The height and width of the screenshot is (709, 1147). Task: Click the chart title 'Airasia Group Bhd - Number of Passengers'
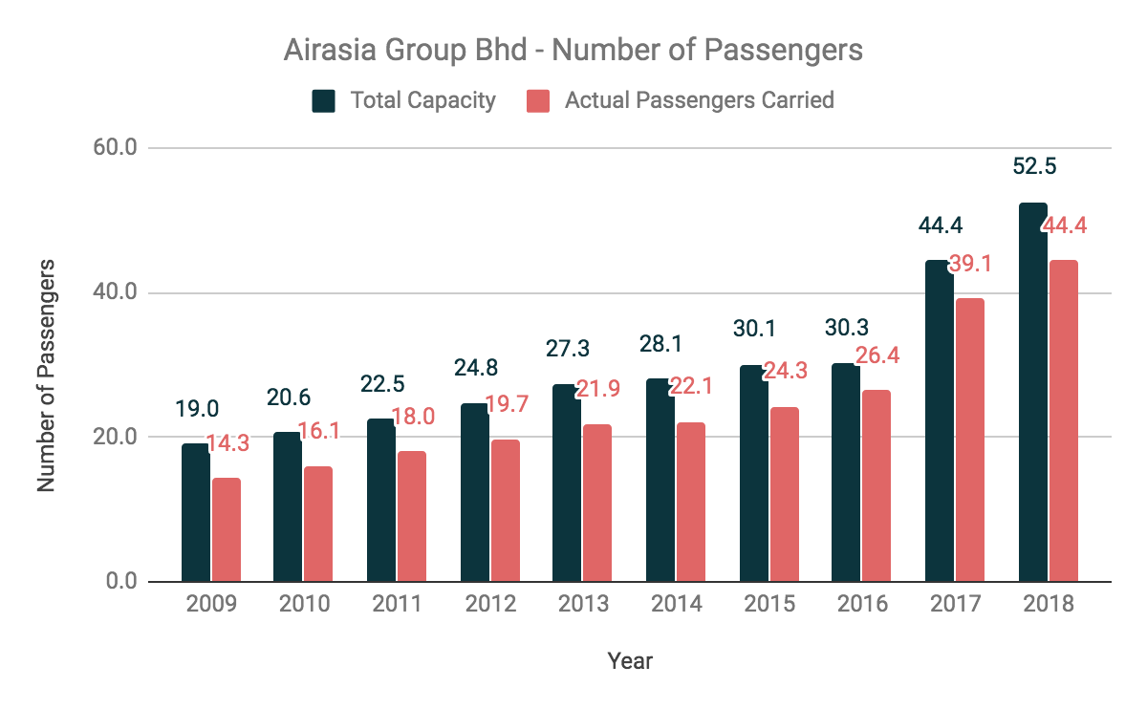coord(573,49)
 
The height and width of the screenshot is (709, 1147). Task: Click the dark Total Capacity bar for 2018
coord(1032,392)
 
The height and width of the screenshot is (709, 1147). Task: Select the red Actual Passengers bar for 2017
coord(969,440)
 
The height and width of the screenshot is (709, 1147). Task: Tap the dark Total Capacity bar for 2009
coord(195,512)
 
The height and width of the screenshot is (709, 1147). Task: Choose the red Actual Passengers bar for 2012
coord(506,510)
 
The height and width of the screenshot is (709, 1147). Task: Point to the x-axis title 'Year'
coord(630,660)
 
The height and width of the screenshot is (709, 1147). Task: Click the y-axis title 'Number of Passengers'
coord(46,375)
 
